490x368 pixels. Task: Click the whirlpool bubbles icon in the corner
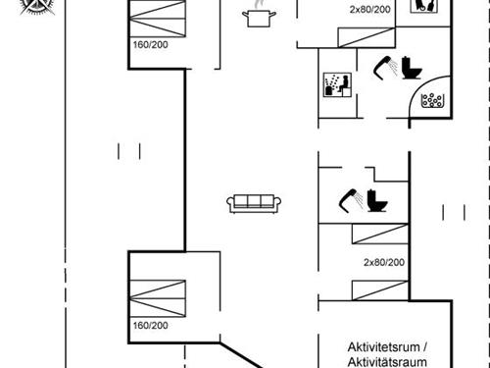pyautogui.click(x=430, y=97)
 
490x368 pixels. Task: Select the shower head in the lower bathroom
pyautogui.click(x=349, y=199)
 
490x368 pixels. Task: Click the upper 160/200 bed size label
pyautogui.click(x=150, y=44)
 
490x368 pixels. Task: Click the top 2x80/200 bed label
pyautogui.click(x=370, y=9)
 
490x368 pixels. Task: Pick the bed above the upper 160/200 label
pyautogui.click(x=157, y=18)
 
